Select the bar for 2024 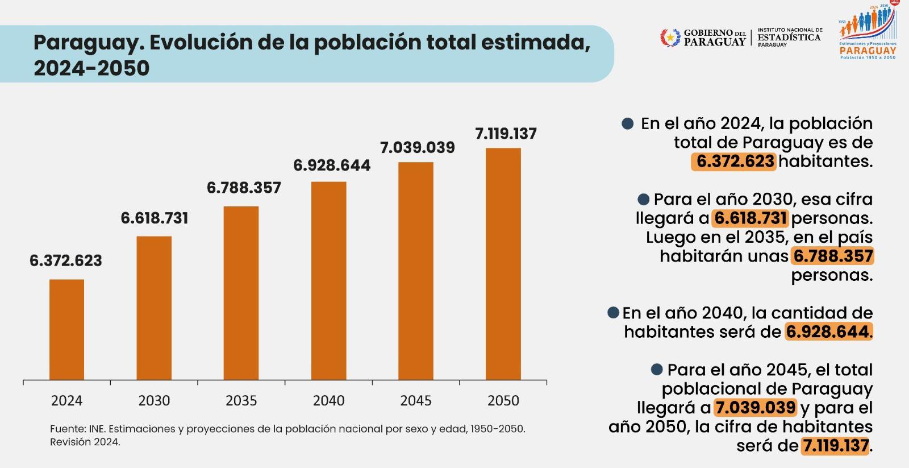[66, 329]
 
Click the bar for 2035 [241, 293]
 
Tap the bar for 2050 [503, 264]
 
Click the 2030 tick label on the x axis [154, 401]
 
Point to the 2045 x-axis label [416, 401]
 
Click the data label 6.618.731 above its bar [154, 218]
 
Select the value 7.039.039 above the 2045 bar [417, 148]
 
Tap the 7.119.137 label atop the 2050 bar [506, 134]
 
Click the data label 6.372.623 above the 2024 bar [66, 261]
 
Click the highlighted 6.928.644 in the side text [828, 332]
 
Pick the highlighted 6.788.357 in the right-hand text [833, 256]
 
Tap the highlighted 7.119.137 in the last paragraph [835, 445]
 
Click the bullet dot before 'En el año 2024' [628, 124]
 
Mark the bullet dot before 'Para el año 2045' [657, 370]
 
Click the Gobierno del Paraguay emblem [670, 38]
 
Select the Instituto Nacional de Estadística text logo [790, 37]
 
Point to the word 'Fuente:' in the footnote [68, 429]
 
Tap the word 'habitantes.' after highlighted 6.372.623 [825, 161]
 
